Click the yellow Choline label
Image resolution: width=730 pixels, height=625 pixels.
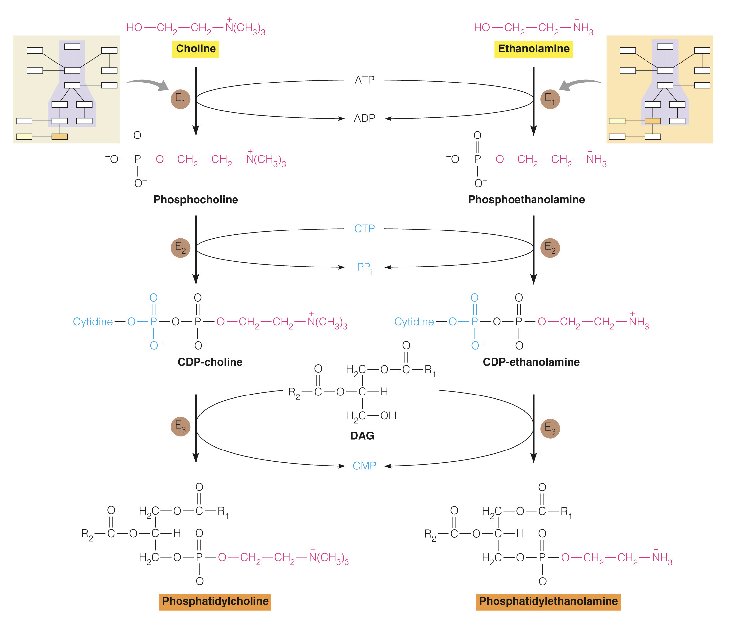click(196, 49)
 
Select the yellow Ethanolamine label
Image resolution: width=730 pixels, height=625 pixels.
click(533, 49)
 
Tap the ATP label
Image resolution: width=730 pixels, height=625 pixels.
click(364, 80)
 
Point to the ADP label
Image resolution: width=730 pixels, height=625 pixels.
click(364, 118)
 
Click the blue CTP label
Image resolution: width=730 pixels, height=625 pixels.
click(364, 229)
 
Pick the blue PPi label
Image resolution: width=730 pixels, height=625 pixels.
click(364, 267)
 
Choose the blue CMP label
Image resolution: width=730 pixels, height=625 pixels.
click(364, 466)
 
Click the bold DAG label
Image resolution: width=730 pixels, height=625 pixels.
click(362, 436)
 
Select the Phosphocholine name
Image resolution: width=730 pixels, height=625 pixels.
click(196, 200)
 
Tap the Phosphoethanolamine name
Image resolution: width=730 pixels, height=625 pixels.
click(526, 200)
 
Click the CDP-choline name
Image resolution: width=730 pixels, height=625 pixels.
click(210, 362)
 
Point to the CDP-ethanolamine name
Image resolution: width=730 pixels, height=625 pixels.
click(531, 362)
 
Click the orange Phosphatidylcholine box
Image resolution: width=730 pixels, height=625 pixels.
click(215, 601)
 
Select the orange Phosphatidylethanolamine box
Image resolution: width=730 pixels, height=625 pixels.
click(548, 601)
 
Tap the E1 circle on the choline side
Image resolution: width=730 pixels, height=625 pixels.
click(180, 99)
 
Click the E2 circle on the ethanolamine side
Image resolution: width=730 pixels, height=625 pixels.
click(550, 248)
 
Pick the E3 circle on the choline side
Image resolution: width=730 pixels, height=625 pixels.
click(180, 426)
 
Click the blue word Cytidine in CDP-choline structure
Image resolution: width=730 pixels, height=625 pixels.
click(93, 322)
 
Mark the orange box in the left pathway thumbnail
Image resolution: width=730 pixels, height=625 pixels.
click(60, 137)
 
